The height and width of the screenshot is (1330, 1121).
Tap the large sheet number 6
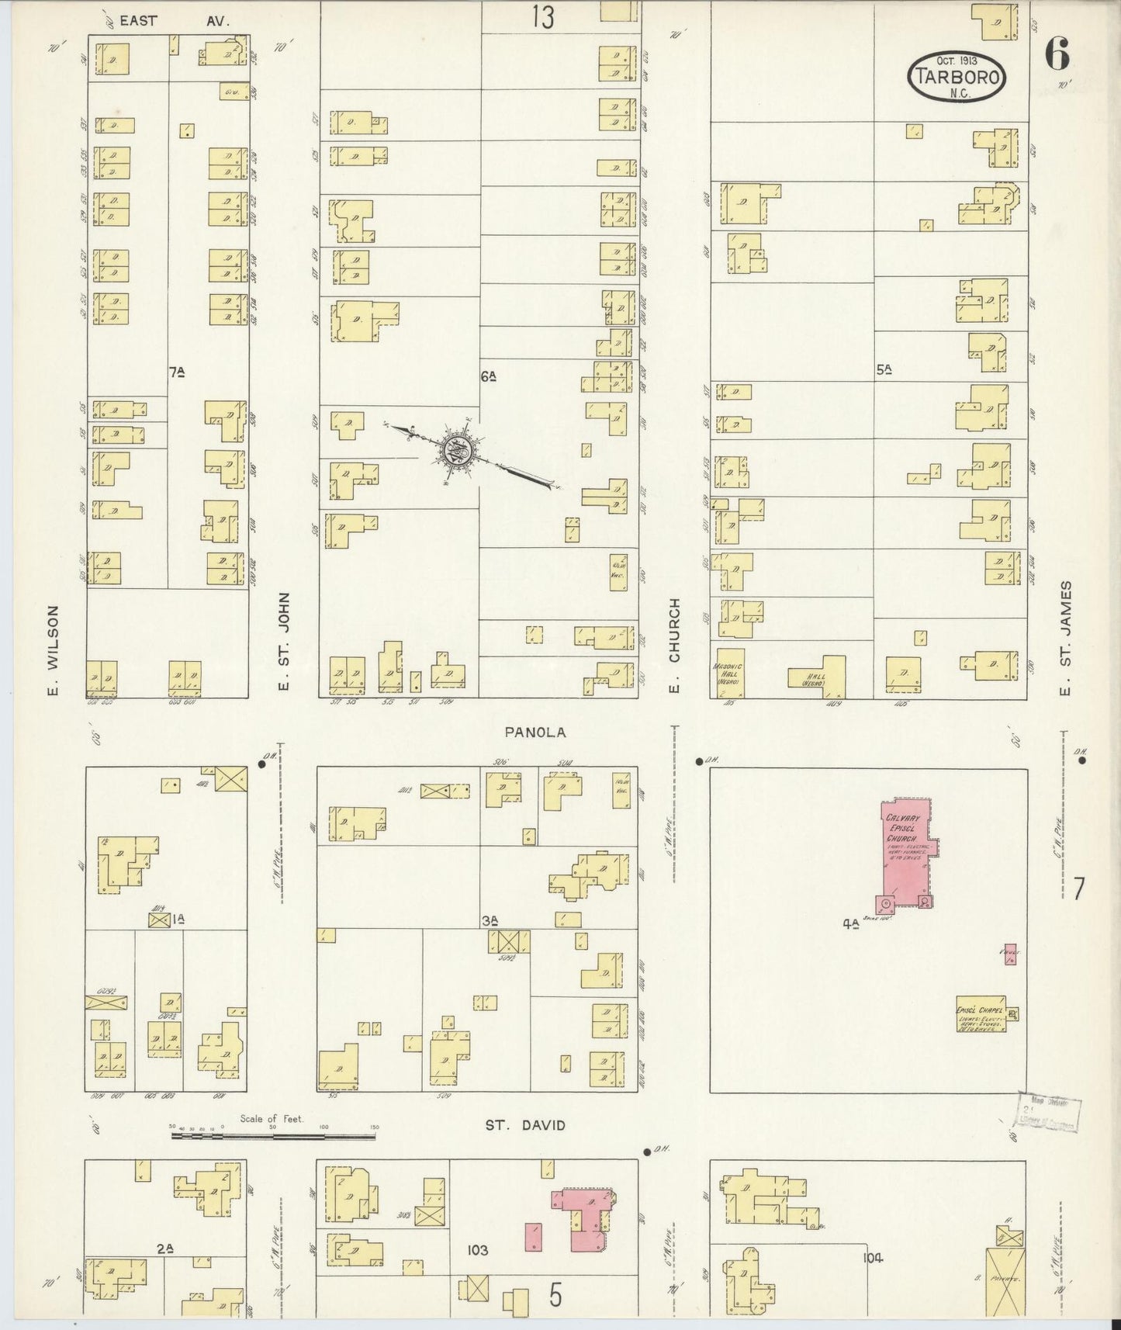click(1057, 54)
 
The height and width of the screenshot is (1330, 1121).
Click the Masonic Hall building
click(730, 673)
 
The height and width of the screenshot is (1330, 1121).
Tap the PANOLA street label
click(535, 732)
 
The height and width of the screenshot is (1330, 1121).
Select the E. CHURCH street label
click(675, 646)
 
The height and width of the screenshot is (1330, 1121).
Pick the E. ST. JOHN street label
click(284, 642)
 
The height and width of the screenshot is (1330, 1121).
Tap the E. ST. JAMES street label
click(1066, 639)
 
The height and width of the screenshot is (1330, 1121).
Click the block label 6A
click(488, 376)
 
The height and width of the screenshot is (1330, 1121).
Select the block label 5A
click(884, 371)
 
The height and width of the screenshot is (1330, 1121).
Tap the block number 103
click(477, 1250)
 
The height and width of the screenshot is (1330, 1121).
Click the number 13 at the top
click(543, 17)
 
